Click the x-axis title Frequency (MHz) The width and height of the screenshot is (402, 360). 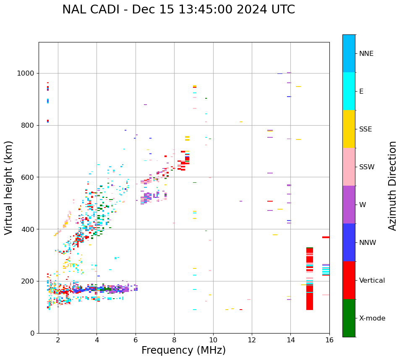point(183,350)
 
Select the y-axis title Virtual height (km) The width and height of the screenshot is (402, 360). point(9,188)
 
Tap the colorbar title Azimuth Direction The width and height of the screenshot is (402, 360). point(392,186)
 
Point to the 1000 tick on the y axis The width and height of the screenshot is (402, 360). point(26,73)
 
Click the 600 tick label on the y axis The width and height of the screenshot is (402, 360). point(28,177)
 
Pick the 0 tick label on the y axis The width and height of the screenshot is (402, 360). point(32,333)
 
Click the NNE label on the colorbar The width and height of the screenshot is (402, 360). point(366,54)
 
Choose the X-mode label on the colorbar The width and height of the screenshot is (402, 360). point(372,318)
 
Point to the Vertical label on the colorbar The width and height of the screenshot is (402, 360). point(372,281)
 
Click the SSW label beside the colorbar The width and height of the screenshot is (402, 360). point(367,167)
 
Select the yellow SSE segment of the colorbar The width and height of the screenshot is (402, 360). point(349,129)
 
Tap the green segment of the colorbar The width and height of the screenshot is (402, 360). point(349,318)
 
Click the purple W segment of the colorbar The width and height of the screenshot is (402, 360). point(349,205)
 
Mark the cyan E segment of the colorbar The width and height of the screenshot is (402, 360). point(349,91)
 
